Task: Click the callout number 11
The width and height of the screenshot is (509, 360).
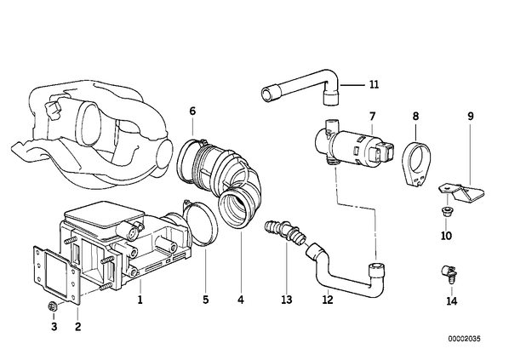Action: click(x=374, y=85)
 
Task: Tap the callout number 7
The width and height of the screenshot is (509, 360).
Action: click(x=372, y=117)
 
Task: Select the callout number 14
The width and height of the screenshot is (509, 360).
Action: click(x=451, y=301)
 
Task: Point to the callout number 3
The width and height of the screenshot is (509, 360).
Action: click(x=54, y=326)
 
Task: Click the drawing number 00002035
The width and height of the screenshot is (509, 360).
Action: click(x=464, y=339)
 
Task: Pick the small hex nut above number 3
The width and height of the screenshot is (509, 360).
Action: click(x=52, y=306)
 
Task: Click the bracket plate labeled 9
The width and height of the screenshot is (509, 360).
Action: click(x=461, y=191)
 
